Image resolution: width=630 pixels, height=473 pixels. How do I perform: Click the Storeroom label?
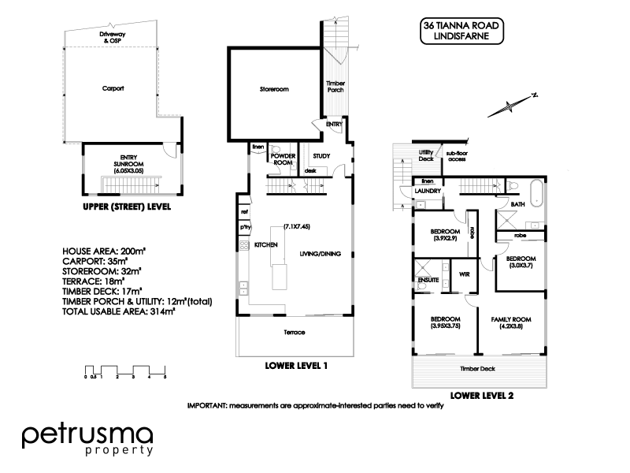coord(275,90)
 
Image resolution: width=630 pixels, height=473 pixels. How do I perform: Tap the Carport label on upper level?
coord(114,89)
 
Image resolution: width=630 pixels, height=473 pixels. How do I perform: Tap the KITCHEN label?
coord(265,246)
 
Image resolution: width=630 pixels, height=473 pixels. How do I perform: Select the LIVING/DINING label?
coord(321,254)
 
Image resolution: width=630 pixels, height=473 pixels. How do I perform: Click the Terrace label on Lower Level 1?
coord(294,332)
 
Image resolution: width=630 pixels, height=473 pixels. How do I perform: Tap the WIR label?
coord(465,274)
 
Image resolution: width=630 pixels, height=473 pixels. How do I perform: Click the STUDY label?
coord(321,156)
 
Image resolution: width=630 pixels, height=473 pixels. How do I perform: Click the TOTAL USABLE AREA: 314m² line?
coord(118,312)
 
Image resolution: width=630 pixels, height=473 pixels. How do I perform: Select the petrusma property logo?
coord(87,440)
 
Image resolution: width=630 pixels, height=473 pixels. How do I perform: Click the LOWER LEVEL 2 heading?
coord(481,396)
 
